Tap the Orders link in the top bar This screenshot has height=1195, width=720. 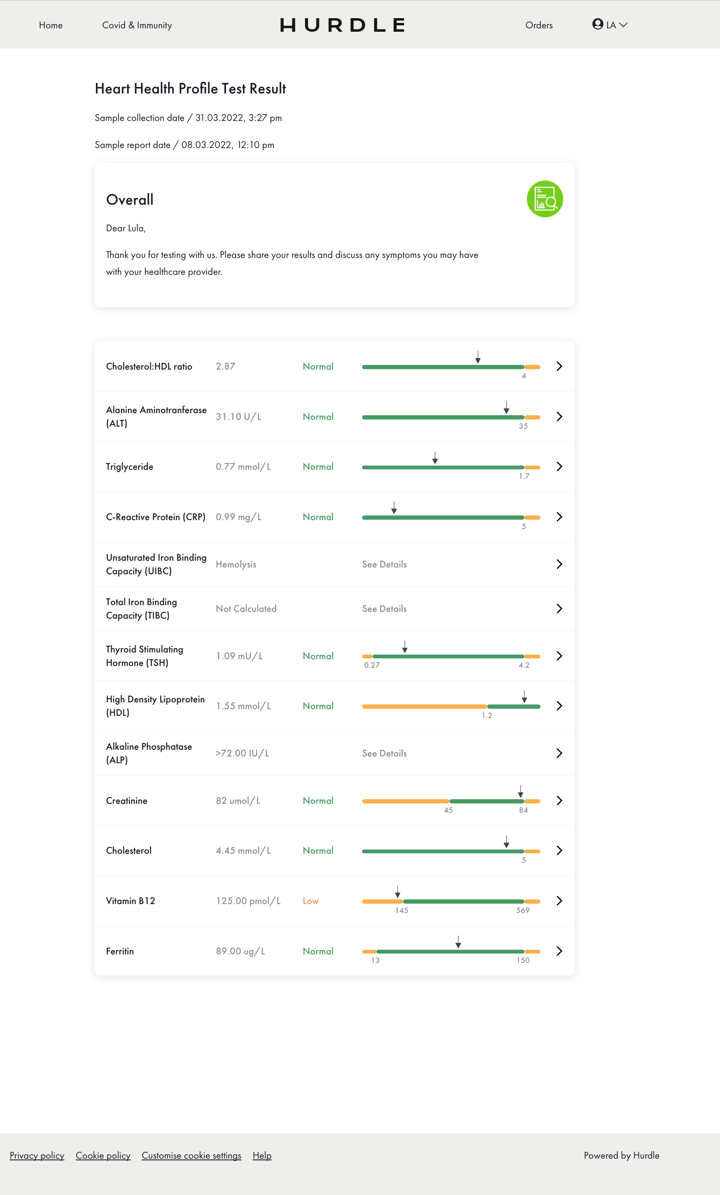(x=539, y=25)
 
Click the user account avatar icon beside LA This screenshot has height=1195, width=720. (x=597, y=24)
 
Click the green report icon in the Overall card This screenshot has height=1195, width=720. (x=545, y=199)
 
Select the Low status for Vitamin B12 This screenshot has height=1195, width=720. (x=311, y=901)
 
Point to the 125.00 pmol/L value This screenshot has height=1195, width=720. (x=248, y=901)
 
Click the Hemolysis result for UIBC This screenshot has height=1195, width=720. (x=236, y=564)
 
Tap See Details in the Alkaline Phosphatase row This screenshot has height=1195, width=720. (x=384, y=753)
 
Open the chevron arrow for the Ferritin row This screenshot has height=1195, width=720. (x=559, y=951)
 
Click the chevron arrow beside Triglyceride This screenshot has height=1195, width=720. (x=559, y=466)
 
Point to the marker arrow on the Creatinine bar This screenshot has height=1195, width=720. (x=521, y=792)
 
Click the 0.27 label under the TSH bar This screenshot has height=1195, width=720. (x=372, y=665)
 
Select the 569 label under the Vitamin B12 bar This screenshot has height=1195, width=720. (x=523, y=910)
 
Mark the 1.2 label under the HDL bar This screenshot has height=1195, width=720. (x=486, y=715)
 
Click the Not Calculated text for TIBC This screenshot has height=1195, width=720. (x=246, y=608)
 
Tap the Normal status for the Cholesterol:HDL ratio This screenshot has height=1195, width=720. (x=318, y=367)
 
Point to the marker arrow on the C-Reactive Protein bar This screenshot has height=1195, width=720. (x=394, y=508)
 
